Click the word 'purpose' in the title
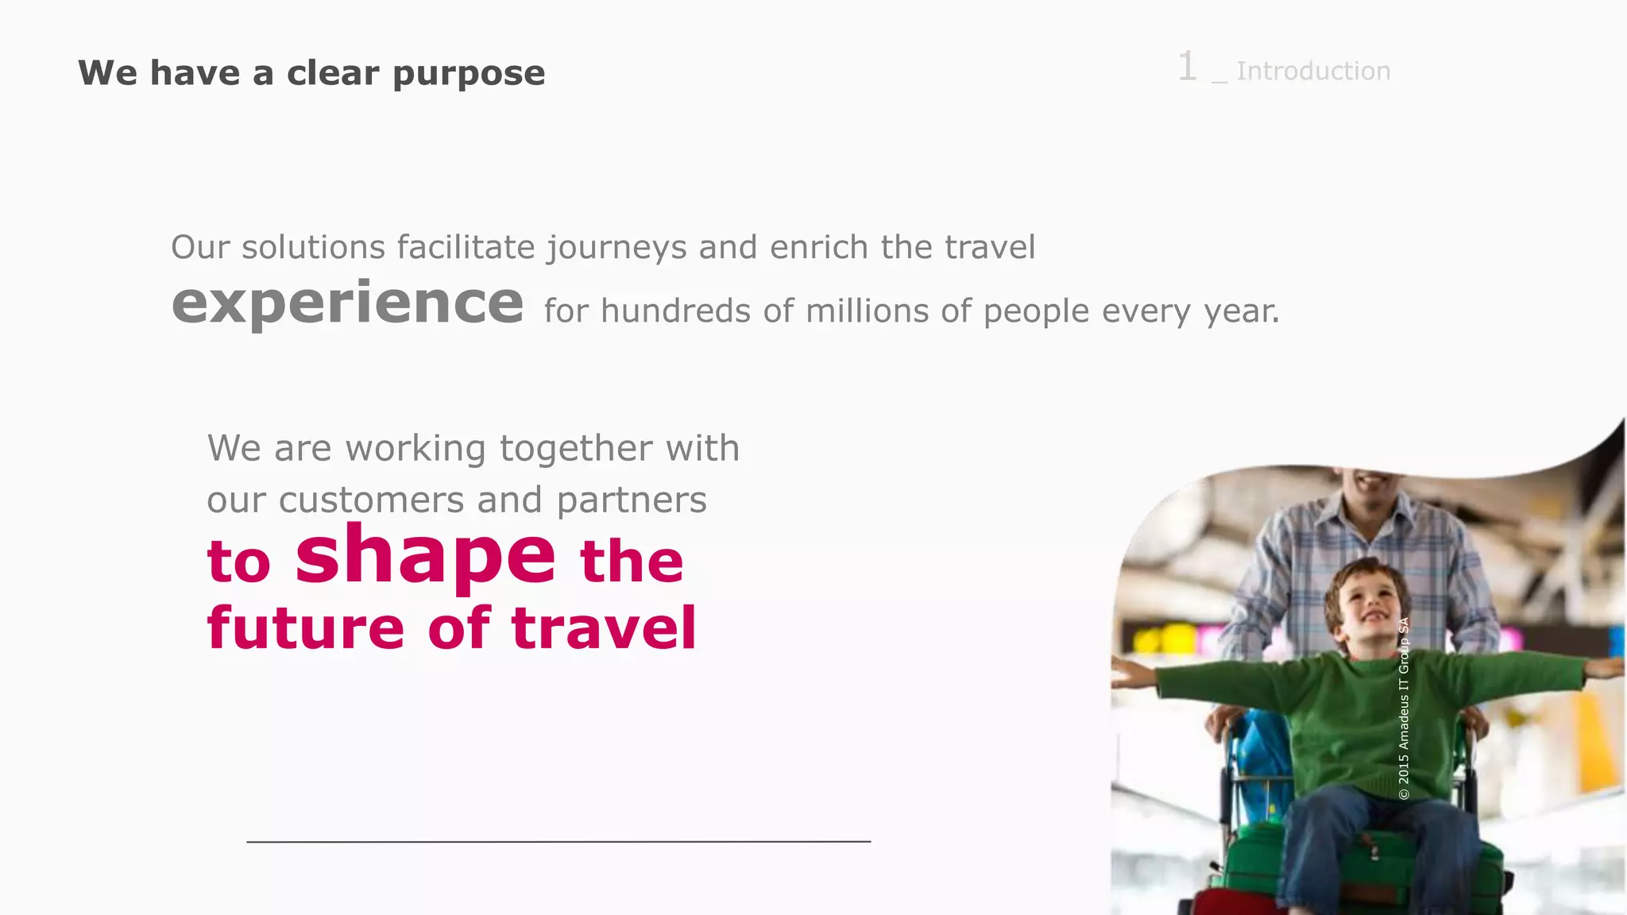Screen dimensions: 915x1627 (x=469, y=74)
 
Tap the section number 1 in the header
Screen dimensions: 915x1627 (x=1187, y=67)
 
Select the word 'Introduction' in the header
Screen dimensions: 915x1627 (x=1313, y=71)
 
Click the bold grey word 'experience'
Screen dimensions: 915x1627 (x=347, y=303)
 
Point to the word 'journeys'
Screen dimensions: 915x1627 (x=616, y=248)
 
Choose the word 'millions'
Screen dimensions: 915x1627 (x=867, y=311)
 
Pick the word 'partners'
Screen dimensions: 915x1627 (x=631, y=500)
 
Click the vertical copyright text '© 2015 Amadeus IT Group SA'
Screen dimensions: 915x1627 (x=1404, y=708)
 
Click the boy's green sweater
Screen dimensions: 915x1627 (x=1351, y=715)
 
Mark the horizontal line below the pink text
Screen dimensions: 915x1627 (x=558, y=841)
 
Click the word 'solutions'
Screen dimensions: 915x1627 (x=313, y=248)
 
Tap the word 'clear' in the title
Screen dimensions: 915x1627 (x=332, y=74)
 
